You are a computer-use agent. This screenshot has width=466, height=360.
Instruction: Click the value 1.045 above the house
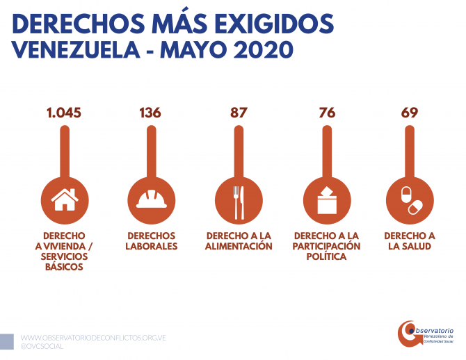coord(64,113)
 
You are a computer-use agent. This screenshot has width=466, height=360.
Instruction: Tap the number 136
coord(150,113)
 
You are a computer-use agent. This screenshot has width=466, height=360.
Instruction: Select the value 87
coord(239,113)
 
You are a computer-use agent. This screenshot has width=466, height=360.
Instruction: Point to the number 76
coord(327,113)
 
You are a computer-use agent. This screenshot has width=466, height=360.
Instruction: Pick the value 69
coord(410,113)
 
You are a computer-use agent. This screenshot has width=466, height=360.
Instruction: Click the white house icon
coord(65,199)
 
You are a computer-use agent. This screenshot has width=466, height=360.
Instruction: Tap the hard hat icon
coord(151,199)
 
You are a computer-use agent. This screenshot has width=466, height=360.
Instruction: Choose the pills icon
coord(409,199)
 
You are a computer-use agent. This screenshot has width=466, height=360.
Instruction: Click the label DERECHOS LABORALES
coord(152,241)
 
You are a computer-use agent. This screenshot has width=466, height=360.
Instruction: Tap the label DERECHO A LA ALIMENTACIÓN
coord(239,241)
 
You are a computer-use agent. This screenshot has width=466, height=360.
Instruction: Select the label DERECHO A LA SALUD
coord(410,241)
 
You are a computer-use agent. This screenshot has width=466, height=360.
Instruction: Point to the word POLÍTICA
coord(326,257)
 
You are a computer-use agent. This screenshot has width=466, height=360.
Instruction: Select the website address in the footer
coord(93,338)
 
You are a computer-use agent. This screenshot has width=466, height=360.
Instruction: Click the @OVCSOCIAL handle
coord(42,346)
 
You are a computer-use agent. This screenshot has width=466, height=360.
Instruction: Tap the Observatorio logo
coord(425,334)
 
